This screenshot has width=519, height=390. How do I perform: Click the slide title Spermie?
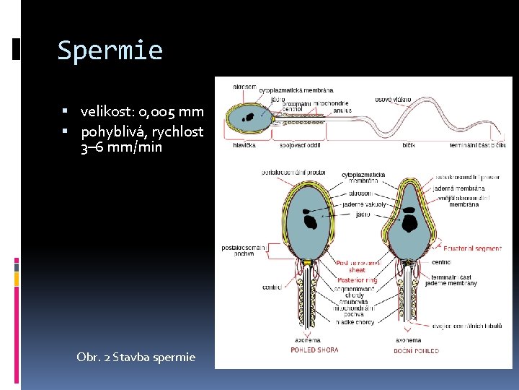pos(110,51)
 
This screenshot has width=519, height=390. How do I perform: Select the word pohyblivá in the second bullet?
pos(110,132)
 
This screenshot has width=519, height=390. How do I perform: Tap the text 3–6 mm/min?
pos(121,147)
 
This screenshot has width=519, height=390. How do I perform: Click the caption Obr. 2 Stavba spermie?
pos(136,357)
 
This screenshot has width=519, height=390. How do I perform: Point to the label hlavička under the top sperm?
pos(244,144)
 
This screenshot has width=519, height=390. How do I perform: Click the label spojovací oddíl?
pos(300,144)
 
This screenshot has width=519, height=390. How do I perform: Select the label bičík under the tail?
pos(409,144)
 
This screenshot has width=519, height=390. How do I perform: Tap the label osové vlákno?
pos(393,99)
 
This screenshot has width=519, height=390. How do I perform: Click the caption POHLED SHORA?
pos(314,350)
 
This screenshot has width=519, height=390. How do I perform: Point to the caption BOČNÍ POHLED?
pos(416,350)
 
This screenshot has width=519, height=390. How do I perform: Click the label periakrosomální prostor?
pos(293,173)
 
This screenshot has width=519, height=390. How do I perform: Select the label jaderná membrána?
pos(465,188)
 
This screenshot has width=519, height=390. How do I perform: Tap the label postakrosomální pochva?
pos(243,251)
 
